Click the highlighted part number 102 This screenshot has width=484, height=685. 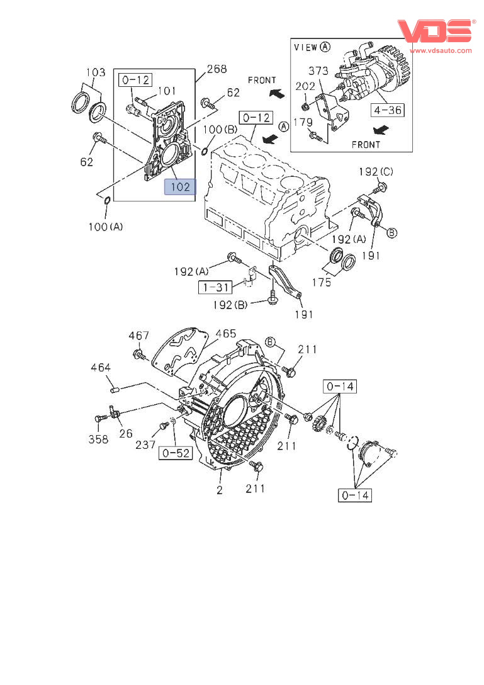[x=180, y=187]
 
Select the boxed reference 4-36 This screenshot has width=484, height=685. [x=388, y=110]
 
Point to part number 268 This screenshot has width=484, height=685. [x=217, y=69]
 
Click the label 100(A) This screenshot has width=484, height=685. [x=105, y=227]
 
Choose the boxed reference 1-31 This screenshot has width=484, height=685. [x=216, y=287]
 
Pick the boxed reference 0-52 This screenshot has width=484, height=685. [x=176, y=453]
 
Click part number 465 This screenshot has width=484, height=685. [x=225, y=334]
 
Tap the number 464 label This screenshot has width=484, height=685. [x=101, y=368]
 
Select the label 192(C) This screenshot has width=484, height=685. [x=376, y=172]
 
